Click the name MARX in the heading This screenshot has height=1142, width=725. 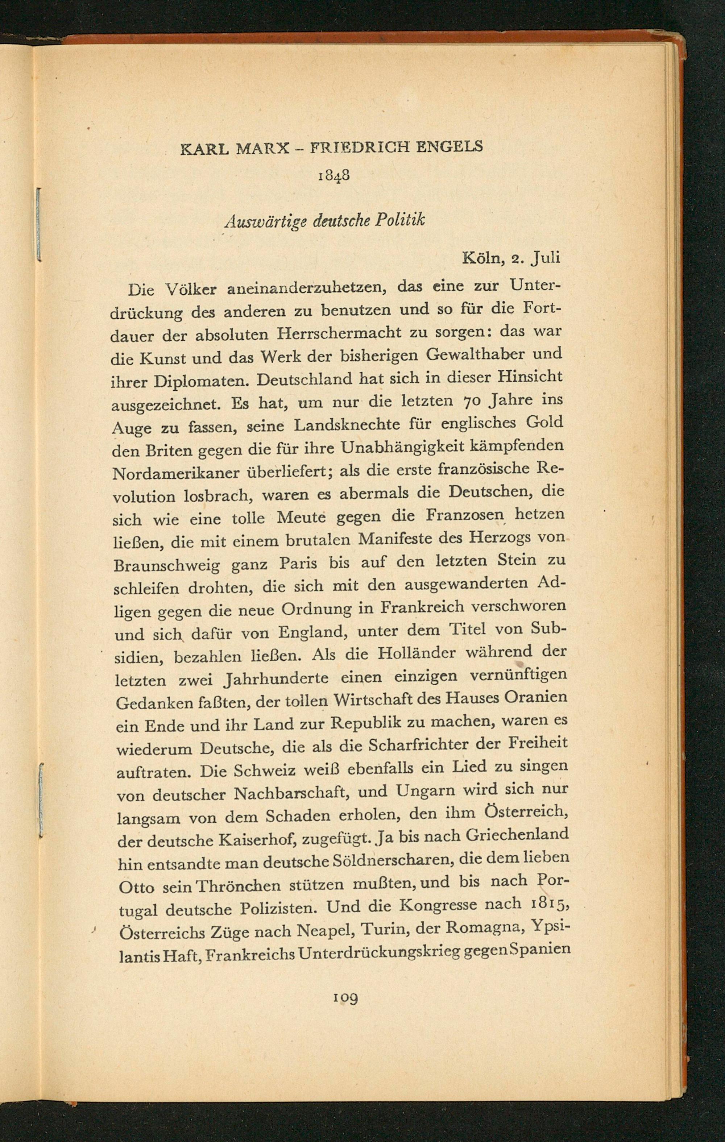pos(262,149)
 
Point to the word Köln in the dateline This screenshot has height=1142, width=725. pos(481,258)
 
